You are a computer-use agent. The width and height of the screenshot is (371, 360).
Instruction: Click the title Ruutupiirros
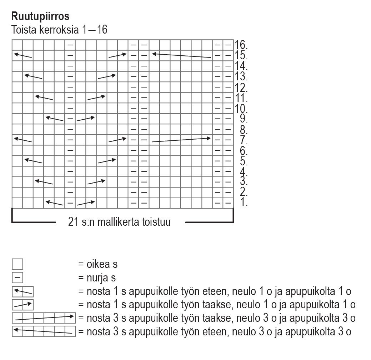click(x=40, y=16)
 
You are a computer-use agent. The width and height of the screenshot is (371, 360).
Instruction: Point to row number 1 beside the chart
click(x=244, y=202)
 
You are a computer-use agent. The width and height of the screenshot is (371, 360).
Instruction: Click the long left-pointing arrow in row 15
click(x=181, y=56)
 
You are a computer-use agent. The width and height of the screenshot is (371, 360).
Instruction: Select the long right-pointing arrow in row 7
click(x=181, y=140)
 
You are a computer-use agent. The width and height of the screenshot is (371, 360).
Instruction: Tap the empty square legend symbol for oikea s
click(x=17, y=264)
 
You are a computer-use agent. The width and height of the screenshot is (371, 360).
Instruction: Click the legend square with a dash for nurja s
click(x=17, y=278)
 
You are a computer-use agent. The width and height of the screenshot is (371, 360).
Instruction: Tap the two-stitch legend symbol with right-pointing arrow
click(x=22, y=305)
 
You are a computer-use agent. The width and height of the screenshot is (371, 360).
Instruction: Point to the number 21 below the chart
click(x=73, y=222)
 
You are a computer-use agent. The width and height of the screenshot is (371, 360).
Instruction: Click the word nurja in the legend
click(x=99, y=278)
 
